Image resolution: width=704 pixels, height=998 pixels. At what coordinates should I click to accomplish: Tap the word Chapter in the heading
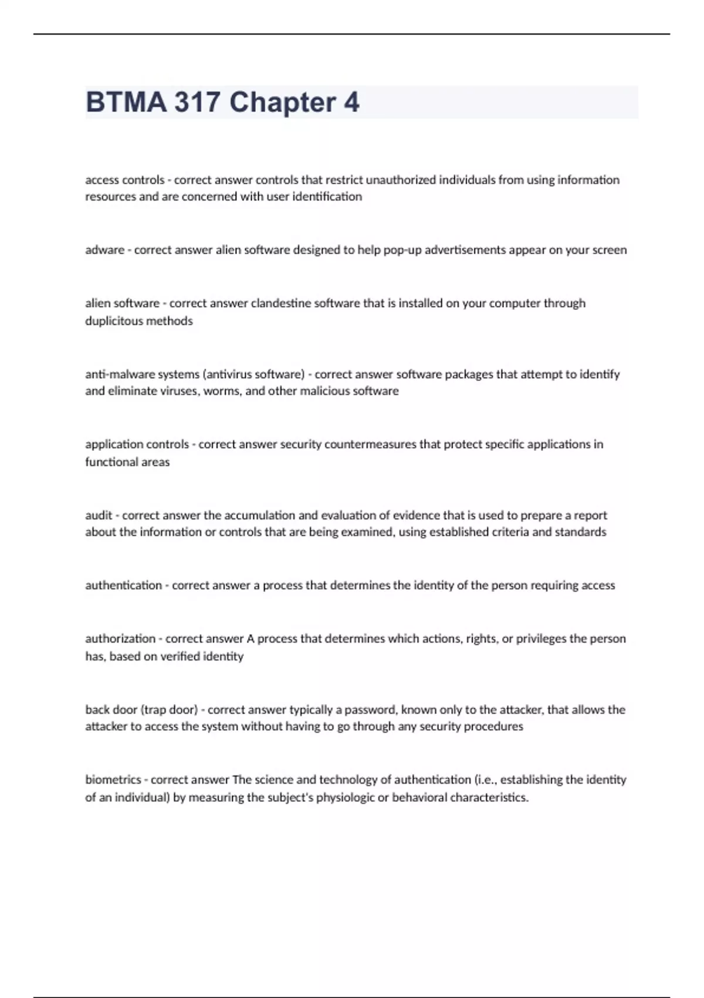coord(282,102)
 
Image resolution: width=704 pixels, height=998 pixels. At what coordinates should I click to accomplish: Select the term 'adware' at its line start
coord(104,250)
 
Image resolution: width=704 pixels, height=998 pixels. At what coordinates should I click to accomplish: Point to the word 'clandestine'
coord(281,304)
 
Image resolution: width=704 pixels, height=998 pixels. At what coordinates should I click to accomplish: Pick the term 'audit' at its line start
coord(99,515)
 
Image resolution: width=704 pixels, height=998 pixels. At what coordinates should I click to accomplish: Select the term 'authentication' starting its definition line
coord(123,585)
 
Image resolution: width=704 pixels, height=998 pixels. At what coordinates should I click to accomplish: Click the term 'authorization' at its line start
coord(120,639)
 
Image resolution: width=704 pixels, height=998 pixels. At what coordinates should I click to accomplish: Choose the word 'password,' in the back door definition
coord(371,710)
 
